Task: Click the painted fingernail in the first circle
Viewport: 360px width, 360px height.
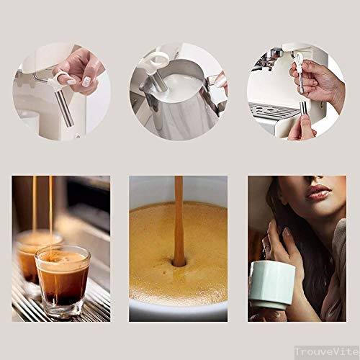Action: [86, 81]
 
